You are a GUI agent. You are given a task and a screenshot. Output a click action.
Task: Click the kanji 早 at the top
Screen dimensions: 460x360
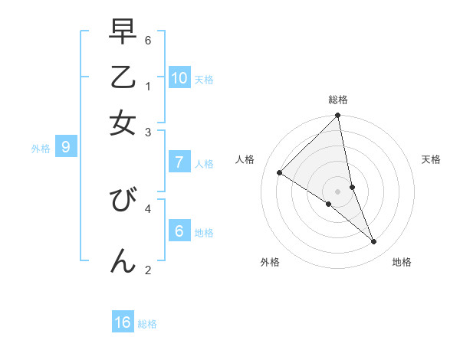(x=123, y=32)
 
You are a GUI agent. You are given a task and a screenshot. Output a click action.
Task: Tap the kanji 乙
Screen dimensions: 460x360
(x=123, y=77)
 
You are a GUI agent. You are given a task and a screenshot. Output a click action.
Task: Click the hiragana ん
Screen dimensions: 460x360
(x=123, y=260)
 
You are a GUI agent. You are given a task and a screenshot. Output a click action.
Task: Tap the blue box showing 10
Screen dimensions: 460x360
(x=179, y=78)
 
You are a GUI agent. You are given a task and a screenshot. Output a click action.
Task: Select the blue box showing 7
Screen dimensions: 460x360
(x=179, y=162)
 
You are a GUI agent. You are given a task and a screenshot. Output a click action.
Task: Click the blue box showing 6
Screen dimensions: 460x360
(x=179, y=231)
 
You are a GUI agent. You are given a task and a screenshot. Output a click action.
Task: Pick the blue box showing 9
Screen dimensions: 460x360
(x=66, y=148)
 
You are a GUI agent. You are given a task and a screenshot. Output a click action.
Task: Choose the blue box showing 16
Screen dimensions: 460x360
(x=123, y=322)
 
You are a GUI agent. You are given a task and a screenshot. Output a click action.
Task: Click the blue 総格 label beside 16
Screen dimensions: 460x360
(x=147, y=324)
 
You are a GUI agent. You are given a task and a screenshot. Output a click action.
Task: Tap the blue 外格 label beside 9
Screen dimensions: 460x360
(x=41, y=149)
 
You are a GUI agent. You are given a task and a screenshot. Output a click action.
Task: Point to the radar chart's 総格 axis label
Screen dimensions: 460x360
(x=338, y=100)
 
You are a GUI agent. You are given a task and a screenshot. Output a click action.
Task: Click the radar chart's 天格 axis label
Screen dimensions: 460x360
(x=432, y=159)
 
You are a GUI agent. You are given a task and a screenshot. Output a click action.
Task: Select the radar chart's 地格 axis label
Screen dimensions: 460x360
(x=402, y=263)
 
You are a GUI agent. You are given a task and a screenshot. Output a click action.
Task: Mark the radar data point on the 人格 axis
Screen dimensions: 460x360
(x=279, y=173)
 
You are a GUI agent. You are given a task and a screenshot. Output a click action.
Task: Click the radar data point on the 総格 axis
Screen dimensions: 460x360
(x=338, y=116)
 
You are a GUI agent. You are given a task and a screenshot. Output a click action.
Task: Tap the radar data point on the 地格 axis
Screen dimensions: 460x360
(x=374, y=242)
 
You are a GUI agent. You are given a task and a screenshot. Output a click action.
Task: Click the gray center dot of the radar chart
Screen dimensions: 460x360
(x=338, y=191)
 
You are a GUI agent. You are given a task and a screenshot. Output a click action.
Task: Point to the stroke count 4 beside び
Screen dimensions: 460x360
(x=148, y=207)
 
